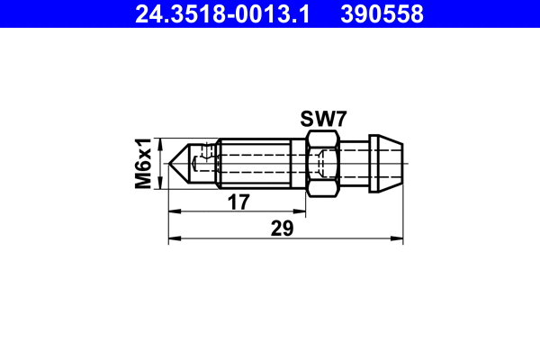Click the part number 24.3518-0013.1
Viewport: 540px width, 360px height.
[x=213, y=13]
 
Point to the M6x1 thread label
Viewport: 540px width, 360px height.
[x=143, y=163]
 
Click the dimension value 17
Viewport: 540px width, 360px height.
[x=238, y=203]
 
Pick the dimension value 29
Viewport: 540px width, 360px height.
[x=283, y=229]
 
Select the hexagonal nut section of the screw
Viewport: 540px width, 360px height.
[x=322, y=163]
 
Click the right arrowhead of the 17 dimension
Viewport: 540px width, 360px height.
[x=301, y=212]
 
